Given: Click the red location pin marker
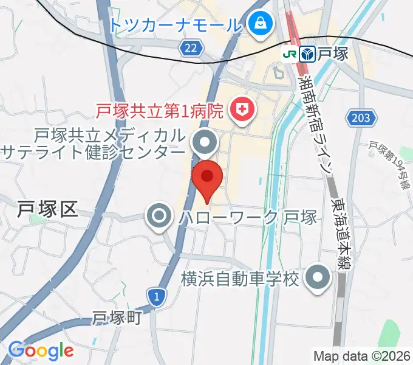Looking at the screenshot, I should click(206, 178).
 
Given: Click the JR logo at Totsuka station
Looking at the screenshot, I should click(290, 54).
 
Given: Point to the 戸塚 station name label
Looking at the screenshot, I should click(333, 54).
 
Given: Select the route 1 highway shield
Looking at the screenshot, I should click(157, 296).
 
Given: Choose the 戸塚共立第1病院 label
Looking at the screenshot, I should click(161, 111).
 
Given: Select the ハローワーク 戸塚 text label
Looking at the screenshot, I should click(248, 217).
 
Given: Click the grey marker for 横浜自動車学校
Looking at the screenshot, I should click(318, 279).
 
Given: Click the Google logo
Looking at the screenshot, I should click(41, 351).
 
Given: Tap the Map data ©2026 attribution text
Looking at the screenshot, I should click(361, 356).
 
